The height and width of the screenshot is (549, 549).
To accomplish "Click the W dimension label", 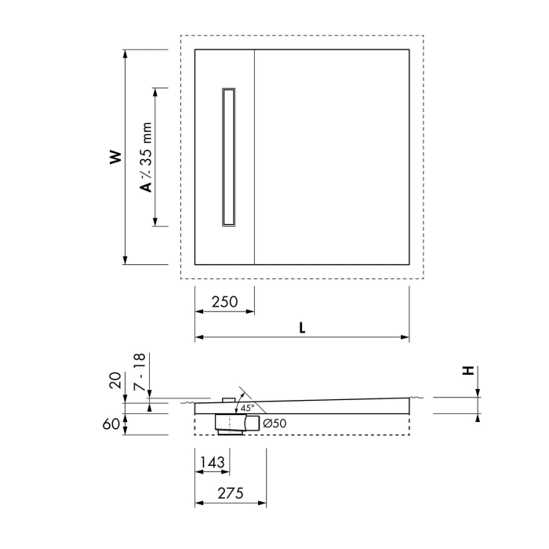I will click(115, 157).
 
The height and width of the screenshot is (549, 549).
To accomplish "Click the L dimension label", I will click(302, 329).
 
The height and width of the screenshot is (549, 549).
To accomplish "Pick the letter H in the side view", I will click(468, 371).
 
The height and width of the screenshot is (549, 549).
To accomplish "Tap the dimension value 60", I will click(115, 424).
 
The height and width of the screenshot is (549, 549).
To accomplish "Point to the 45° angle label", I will click(247, 409).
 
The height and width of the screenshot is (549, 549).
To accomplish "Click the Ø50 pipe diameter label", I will click(275, 424).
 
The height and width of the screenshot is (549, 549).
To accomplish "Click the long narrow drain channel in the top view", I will click(230, 157).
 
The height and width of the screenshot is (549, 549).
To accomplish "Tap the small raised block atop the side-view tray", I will click(228, 400).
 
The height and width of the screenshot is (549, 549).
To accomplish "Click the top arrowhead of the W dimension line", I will click(125, 53).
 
